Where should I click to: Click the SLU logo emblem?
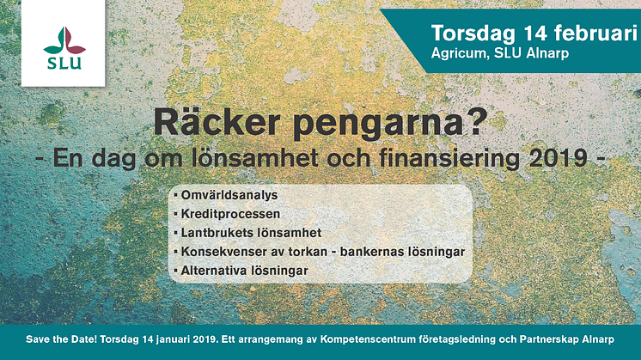[64, 41]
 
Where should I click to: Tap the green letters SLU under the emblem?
[64, 64]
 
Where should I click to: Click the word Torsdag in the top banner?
[473, 34]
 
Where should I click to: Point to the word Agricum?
[458, 54]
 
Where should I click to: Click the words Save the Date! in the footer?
[61, 339]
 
